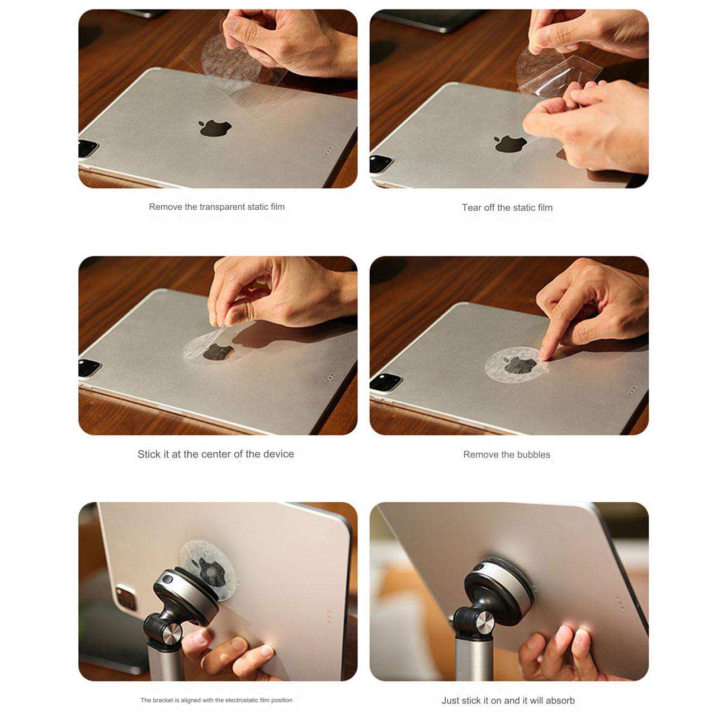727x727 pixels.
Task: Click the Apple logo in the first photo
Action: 215,128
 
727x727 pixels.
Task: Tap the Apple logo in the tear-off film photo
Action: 510,144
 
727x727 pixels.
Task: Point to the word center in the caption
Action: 199,454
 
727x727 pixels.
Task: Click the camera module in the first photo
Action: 88,148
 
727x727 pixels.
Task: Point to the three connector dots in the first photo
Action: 328,150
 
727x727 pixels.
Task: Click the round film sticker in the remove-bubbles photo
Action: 516,365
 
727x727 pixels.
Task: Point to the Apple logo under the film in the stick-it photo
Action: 219,352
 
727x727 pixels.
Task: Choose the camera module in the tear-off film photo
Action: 381,163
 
